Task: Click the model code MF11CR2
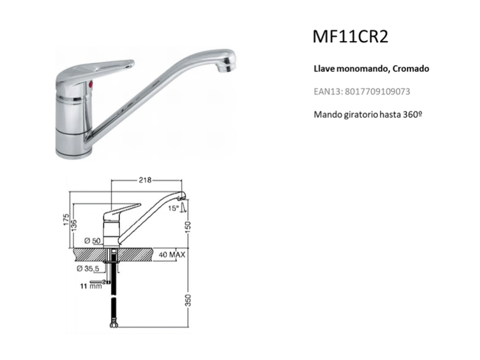click(350, 36)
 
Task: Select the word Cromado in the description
click(410, 69)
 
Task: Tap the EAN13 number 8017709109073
click(377, 91)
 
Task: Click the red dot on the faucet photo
click(90, 84)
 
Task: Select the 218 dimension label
click(145, 180)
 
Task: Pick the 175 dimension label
click(66, 220)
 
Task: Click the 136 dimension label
click(74, 226)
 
